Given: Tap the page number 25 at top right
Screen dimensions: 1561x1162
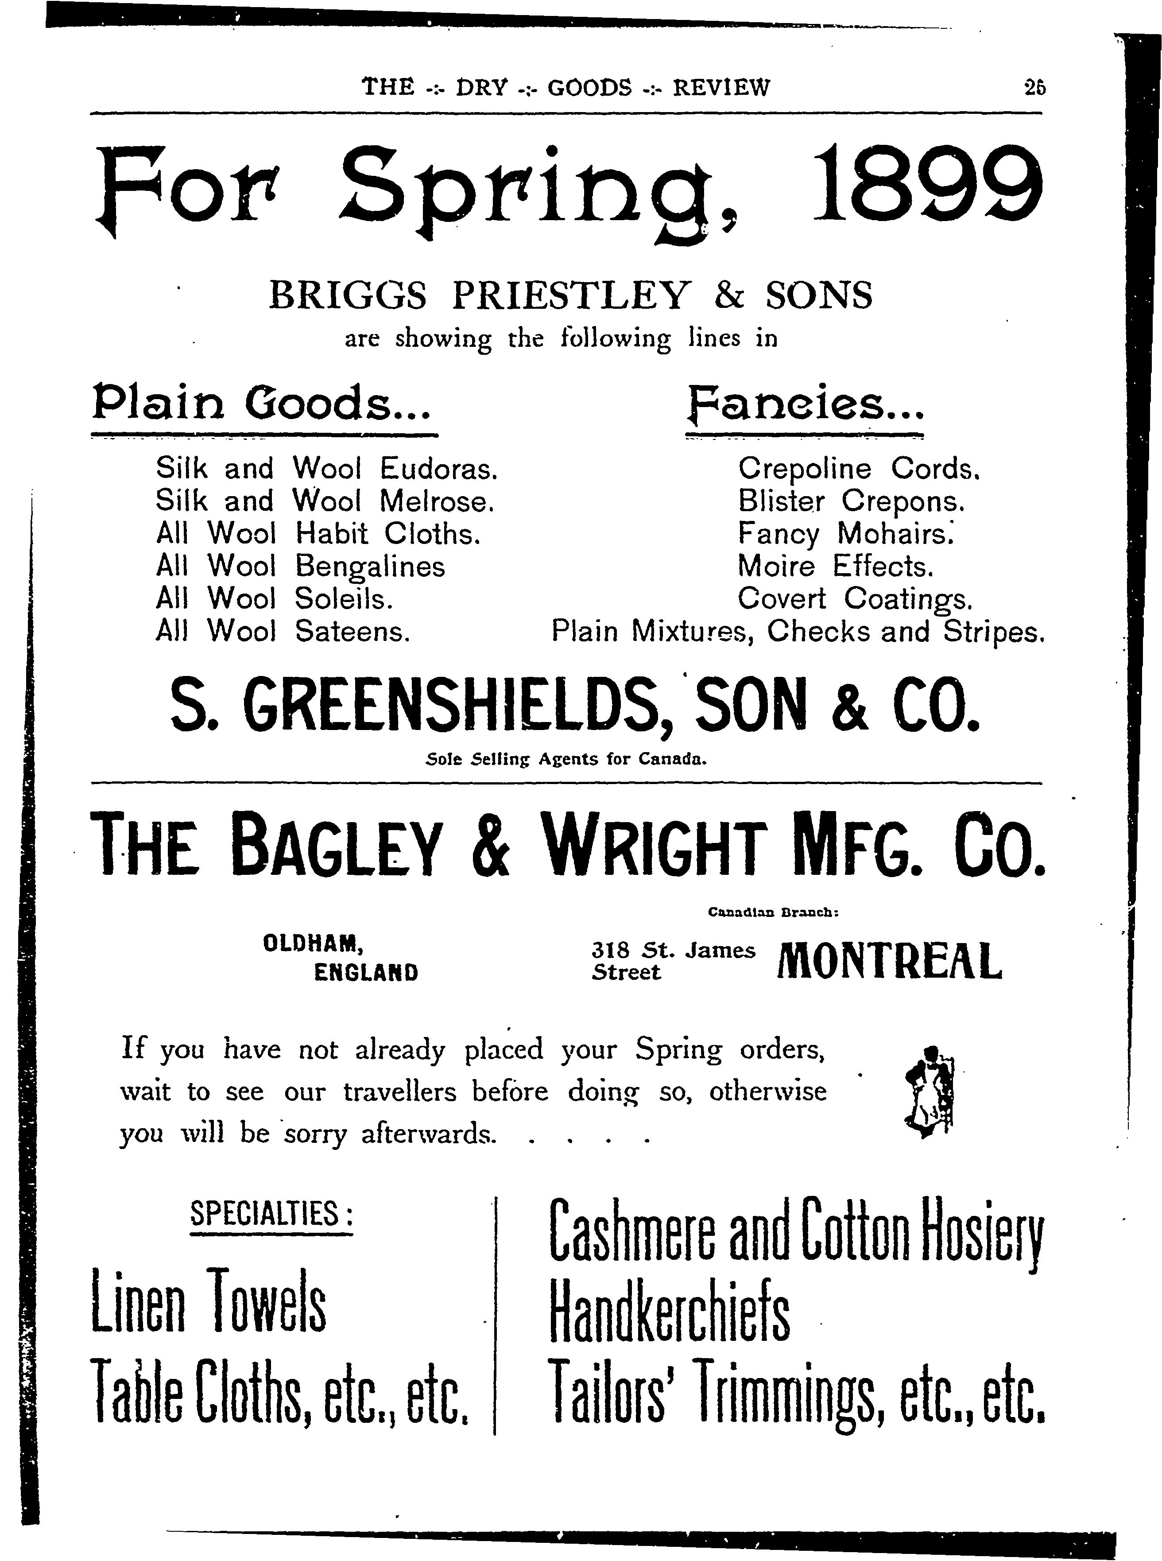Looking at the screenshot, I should point(1035,87).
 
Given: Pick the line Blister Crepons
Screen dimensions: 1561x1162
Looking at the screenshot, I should point(851,501).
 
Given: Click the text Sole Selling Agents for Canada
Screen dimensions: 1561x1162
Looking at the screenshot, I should point(566,760).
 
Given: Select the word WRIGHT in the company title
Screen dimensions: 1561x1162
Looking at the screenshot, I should point(654,846).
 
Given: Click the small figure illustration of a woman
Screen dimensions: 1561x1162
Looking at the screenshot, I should point(929,1091).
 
